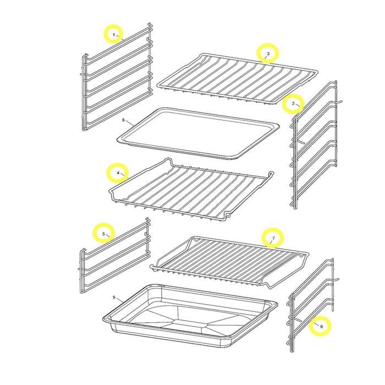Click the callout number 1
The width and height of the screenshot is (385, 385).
click(x=114, y=35)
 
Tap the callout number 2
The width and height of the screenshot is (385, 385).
click(x=293, y=103)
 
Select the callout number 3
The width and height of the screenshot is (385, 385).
click(x=268, y=53)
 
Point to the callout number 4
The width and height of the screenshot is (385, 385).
click(x=118, y=173)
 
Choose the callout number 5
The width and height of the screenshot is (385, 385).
click(x=103, y=234)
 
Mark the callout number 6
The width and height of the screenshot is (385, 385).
click(x=321, y=327)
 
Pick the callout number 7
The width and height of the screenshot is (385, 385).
click(x=273, y=238)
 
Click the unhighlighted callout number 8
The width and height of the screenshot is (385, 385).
click(x=123, y=120)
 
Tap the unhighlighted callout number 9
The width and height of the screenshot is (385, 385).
click(x=114, y=298)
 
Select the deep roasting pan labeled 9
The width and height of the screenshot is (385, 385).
click(x=190, y=316)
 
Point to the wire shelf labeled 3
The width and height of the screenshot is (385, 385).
click(x=237, y=78)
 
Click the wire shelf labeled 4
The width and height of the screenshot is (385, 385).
click(x=191, y=190)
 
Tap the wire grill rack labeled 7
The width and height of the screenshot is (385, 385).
click(x=229, y=261)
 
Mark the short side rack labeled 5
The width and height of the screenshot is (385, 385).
click(x=115, y=255)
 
